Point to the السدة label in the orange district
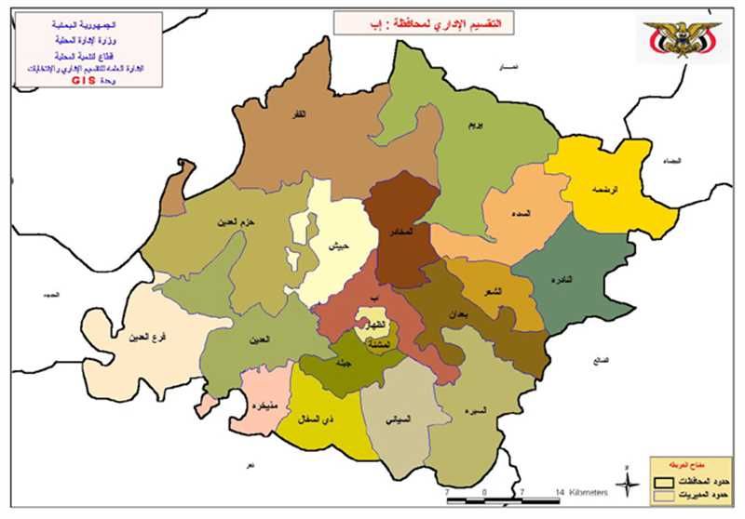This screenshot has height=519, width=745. tap(521, 214)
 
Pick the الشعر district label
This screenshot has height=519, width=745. tap(492, 291)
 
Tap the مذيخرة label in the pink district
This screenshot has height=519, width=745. tap(258, 406)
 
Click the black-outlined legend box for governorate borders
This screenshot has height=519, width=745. tap(662, 482)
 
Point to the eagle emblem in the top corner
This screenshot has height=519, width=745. tap(684, 39)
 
